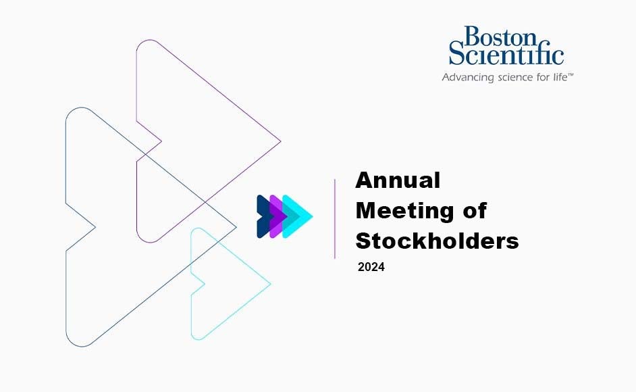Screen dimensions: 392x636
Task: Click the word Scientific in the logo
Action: click(506, 54)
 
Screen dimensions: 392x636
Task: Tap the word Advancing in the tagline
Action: click(466, 78)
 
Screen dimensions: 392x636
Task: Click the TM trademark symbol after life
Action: click(571, 74)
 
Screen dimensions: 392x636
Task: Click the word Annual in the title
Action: click(398, 180)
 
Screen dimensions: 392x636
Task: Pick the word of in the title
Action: click(473, 211)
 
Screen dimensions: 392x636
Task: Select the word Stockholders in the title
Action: click(437, 241)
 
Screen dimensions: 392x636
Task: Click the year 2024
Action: click(371, 268)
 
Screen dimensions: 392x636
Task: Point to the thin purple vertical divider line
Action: click(335, 218)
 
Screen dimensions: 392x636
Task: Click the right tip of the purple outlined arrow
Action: click(280, 142)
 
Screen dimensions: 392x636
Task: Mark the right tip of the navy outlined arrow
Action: click(236, 226)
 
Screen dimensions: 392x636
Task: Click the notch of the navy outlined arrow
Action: click(95, 226)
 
